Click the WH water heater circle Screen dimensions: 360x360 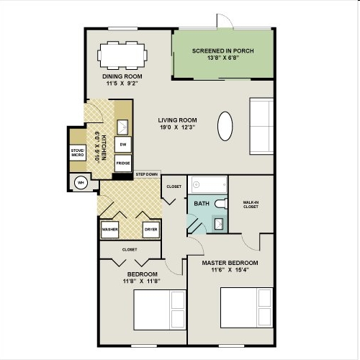(x=81, y=183)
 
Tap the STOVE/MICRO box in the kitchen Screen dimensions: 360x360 (x=78, y=153)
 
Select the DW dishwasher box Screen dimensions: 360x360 (x=123, y=145)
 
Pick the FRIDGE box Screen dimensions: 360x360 (x=123, y=163)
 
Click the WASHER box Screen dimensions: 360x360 (x=110, y=230)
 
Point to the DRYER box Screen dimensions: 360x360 (x=151, y=230)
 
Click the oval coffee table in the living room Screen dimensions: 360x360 (x=225, y=126)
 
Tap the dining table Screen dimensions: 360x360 (x=122, y=55)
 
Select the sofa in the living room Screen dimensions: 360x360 (x=261, y=126)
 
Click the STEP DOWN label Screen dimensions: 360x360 (x=147, y=174)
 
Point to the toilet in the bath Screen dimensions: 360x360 (x=221, y=204)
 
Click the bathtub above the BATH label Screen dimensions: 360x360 (x=207, y=184)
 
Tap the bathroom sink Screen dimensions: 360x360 (x=218, y=224)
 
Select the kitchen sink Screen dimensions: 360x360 (x=122, y=127)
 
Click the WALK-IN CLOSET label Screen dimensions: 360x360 (x=251, y=204)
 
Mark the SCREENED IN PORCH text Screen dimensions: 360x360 (x=223, y=51)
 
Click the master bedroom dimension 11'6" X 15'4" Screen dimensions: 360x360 (x=230, y=270)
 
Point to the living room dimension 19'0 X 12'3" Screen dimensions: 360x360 (x=178, y=127)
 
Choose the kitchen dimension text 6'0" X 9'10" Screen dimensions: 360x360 (x=97, y=147)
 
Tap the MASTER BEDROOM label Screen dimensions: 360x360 (x=230, y=263)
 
